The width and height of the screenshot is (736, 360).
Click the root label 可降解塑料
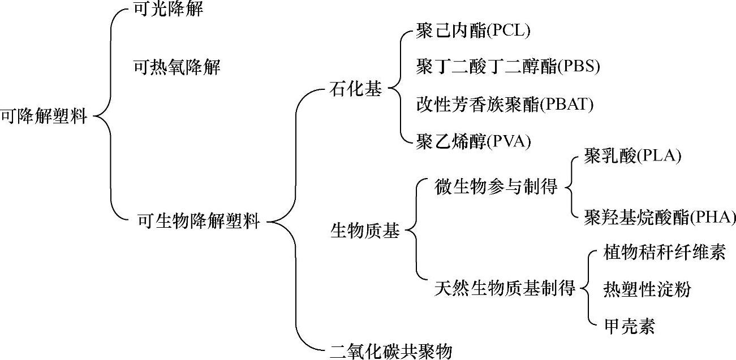pos(44,117)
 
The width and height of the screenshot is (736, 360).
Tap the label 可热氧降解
pos(176,68)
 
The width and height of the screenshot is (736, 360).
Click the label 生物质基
pos(364,231)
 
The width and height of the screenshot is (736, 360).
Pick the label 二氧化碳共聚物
pos(391,351)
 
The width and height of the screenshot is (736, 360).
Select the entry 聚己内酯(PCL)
pos(473,31)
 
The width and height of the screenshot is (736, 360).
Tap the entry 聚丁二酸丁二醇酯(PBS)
pos(507,67)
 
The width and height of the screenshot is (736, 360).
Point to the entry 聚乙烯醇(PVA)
pos(474,141)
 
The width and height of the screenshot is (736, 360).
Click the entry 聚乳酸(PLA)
pos(632,156)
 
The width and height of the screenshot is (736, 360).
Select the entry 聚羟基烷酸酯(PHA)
pos(660,217)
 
